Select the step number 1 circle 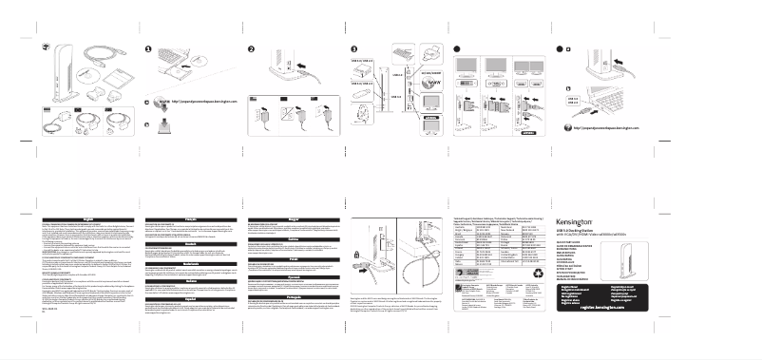[x=148, y=50]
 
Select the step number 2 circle [x=251, y=50]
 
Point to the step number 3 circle [x=353, y=50]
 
